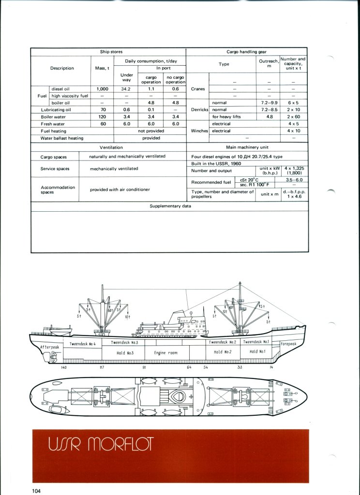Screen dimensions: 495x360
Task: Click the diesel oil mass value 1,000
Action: click(102, 89)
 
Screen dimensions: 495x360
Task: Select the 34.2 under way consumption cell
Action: click(126, 89)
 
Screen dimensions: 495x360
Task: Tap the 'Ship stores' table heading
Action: click(108, 51)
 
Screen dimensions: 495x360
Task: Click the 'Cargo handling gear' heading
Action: click(247, 51)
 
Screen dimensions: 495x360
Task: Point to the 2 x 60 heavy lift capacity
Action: click(293, 116)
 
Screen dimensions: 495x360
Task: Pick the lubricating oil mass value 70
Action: click(102, 110)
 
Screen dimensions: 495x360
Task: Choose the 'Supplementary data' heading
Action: click(170, 206)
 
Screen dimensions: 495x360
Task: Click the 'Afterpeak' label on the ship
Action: click(48, 347)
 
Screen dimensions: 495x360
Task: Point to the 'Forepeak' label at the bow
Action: click(289, 344)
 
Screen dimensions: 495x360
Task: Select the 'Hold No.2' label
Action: click(222, 352)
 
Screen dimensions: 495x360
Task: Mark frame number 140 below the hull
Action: click(63, 368)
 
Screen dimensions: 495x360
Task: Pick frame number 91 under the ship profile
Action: click(144, 368)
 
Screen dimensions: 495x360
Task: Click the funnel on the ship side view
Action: click(173, 318)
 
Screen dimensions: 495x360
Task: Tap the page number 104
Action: click(36, 491)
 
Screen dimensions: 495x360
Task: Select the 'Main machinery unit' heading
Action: click(247, 147)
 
